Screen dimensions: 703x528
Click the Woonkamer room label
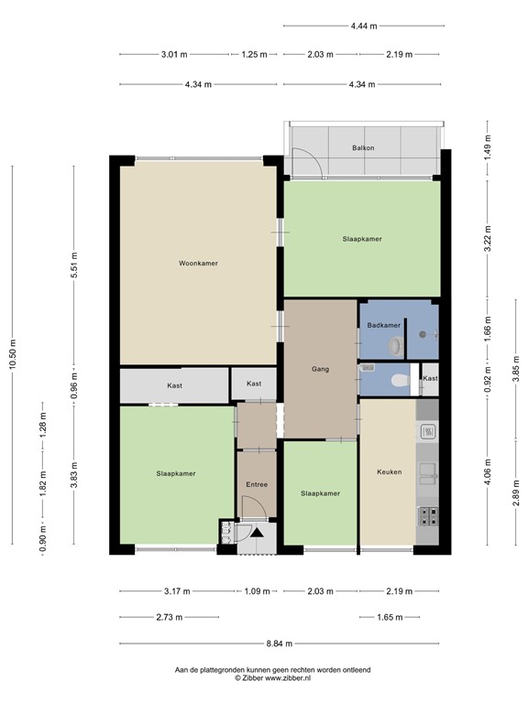pyautogui.click(x=198, y=263)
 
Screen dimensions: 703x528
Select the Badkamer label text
pyautogui.click(x=383, y=325)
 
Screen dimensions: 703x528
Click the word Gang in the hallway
pyautogui.click(x=320, y=370)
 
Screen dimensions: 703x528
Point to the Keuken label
pyautogui.click(x=390, y=472)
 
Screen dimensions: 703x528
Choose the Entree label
pyautogui.click(x=256, y=483)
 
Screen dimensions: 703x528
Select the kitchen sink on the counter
pyautogui.click(x=427, y=473)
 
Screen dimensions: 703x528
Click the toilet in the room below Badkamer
pyautogui.click(x=397, y=379)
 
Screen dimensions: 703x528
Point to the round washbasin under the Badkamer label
pyautogui.click(x=395, y=347)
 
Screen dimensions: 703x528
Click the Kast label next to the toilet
pyautogui.click(x=430, y=378)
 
